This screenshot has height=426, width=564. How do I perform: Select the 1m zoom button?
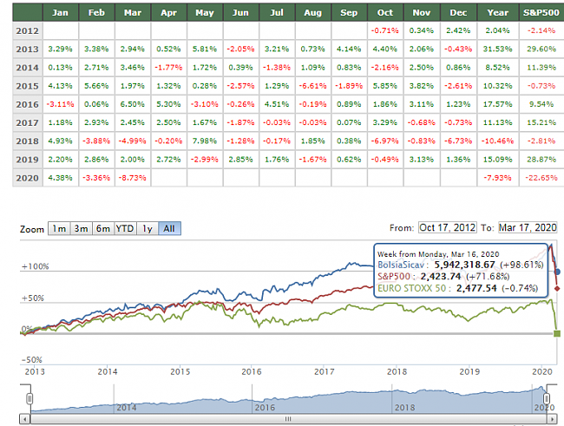(58, 228)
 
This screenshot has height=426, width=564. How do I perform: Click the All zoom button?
(169, 228)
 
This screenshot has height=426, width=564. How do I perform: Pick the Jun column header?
(242, 13)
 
